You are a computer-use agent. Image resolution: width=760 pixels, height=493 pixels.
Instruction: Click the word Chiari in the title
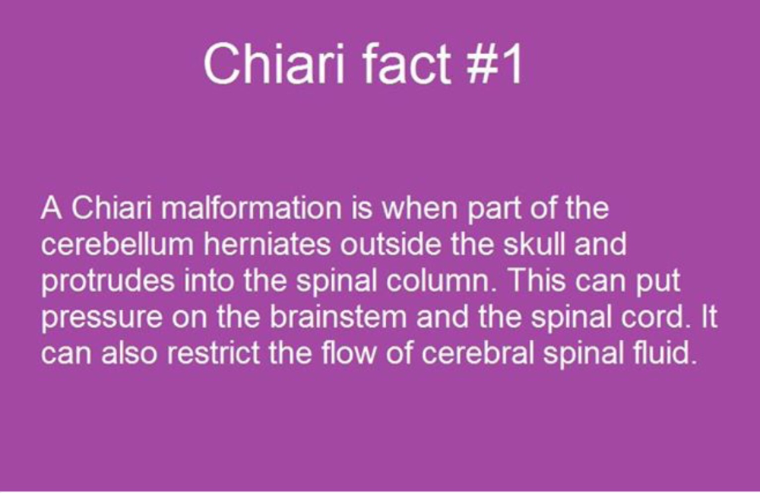click(274, 64)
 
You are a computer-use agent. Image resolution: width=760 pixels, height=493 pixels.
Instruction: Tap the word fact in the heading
click(407, 64)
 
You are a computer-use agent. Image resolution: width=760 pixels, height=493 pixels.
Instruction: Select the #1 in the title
click(494, 64)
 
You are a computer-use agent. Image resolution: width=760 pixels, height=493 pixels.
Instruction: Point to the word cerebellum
click(117, 243)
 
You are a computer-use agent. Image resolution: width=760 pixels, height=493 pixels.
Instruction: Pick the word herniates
click(267, 243)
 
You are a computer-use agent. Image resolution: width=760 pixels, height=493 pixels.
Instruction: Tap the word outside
click(390, 243)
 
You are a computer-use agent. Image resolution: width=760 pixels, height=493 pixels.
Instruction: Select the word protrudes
click(108, 281)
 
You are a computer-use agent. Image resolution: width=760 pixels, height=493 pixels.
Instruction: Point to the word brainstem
click(338, 316)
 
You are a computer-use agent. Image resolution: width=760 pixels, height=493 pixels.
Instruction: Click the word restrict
click(214, 353)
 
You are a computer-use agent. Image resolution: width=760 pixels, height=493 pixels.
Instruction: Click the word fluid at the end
click(665, 353)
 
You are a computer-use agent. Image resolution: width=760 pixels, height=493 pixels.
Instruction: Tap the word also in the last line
click(129, 353)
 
